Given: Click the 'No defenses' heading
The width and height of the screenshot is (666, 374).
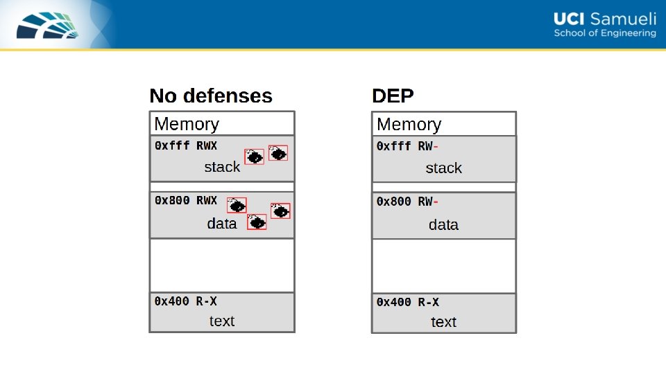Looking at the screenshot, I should click(211, 96).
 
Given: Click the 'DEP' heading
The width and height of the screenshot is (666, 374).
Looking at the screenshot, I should click(393, 96).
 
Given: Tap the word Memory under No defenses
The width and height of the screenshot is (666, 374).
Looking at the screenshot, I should click(187, 124).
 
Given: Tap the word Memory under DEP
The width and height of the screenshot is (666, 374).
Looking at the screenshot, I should click(409, 125).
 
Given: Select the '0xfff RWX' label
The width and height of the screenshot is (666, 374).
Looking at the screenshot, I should click(185, 145).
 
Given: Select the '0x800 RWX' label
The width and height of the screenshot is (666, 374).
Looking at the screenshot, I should click(185, 200).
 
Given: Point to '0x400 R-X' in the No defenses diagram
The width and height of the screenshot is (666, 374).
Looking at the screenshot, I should click(185, 301).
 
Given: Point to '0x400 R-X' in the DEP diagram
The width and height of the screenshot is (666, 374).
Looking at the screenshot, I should click(407, 302).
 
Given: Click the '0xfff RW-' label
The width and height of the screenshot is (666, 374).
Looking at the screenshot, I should click(407, 146).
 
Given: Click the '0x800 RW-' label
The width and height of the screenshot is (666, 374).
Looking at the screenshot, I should click(407, 202).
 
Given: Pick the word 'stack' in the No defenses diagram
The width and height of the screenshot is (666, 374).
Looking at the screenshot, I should click(222, 167).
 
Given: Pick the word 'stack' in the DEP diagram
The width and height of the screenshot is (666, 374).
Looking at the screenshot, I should click(443, 168).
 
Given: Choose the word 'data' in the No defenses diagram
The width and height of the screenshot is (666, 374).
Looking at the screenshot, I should click(222, 224).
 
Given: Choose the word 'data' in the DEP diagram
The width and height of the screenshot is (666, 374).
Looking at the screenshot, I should click(443, 225).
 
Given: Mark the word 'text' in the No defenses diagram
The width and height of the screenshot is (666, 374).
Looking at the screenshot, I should click(222, 321).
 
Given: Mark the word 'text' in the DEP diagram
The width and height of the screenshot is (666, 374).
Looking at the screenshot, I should click(443, 322).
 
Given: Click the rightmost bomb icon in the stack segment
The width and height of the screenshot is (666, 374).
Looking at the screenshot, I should click(278, 153).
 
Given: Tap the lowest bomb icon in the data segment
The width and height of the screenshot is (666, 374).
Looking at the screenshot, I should click(257, 222).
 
